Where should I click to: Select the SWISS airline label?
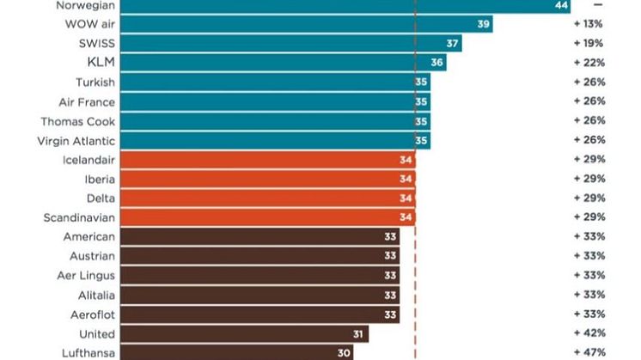coord(96,43)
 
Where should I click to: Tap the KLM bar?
coord(284,63)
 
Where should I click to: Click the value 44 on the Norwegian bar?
coord(562,5)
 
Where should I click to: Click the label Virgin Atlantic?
coord(77,140)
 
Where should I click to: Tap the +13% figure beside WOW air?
coord(589,24)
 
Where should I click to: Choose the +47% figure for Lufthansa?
coord(589,352)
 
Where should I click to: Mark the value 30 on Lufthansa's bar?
coord(343,352)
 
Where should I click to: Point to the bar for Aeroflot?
coord(258,314)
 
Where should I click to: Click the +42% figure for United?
coord(589,333)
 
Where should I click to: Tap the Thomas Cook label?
coord(77,121)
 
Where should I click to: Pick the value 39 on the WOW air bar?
coord(484,24)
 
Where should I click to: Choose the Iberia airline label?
coord(100,179)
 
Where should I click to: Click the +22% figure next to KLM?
coord(589,63)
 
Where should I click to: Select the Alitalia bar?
coord(258,295)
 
